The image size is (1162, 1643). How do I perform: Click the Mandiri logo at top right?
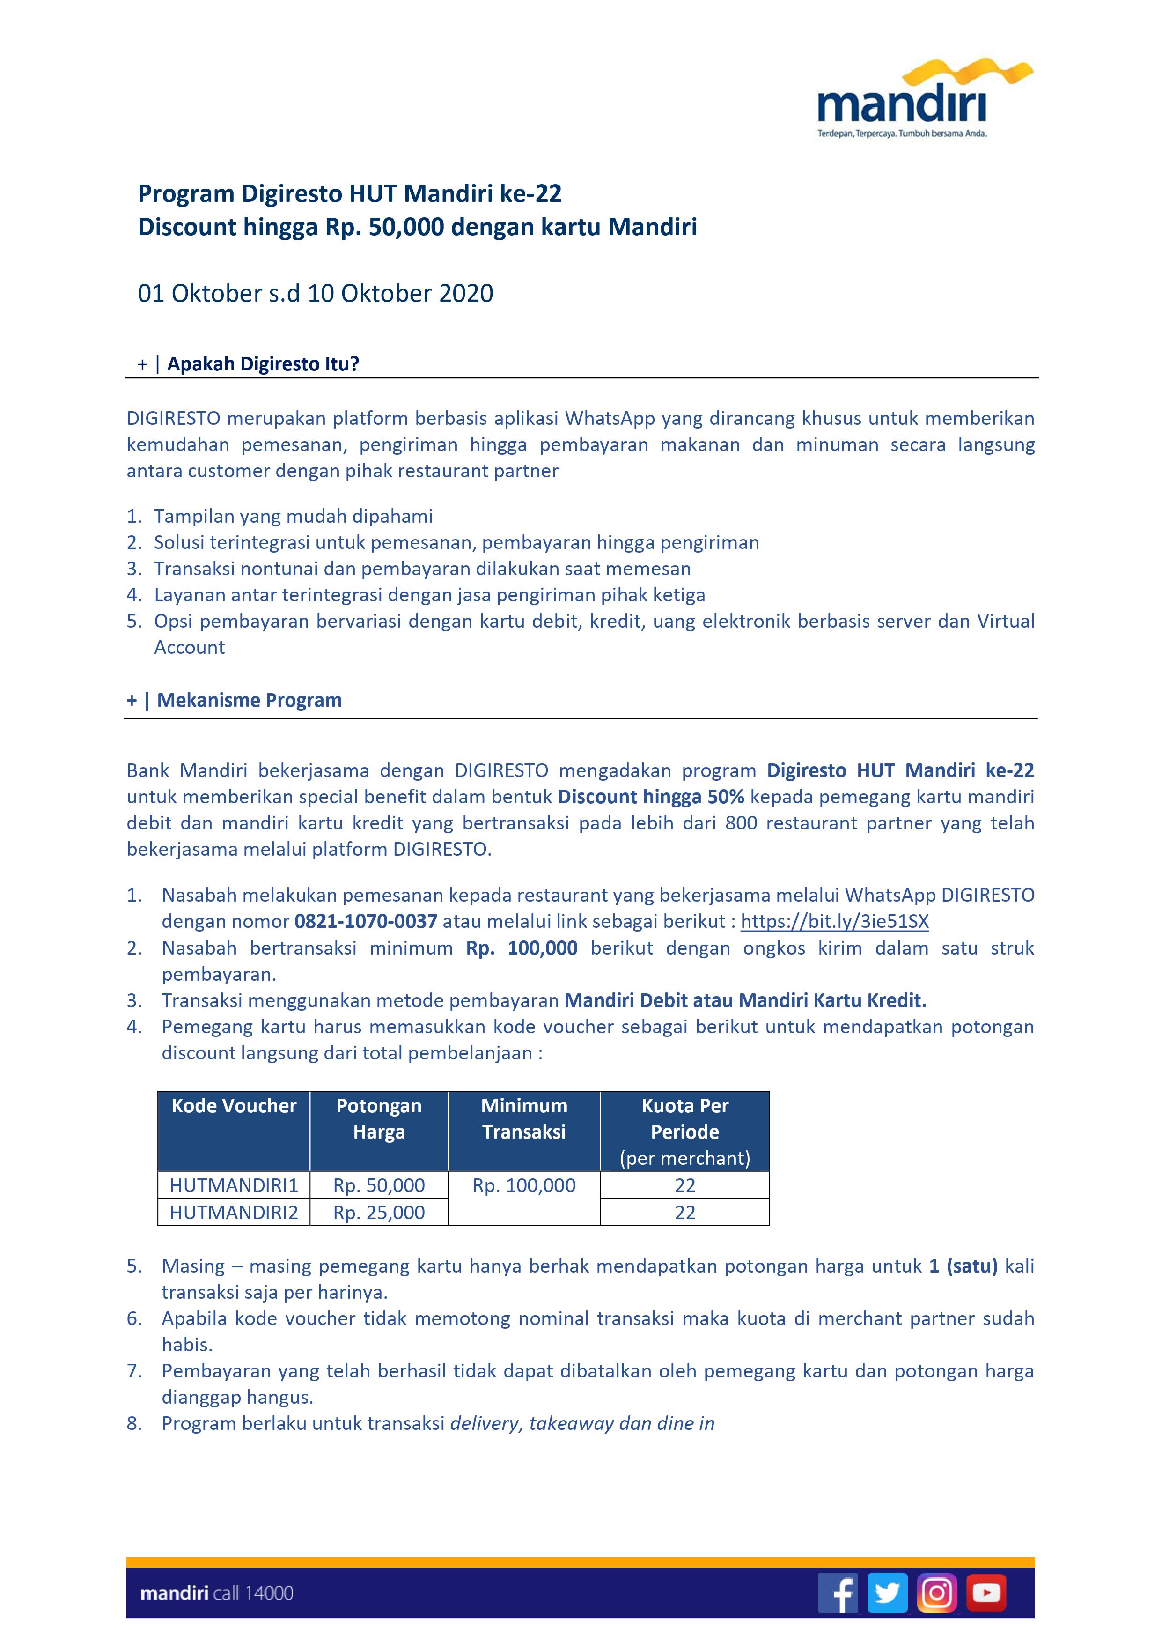[923, 100]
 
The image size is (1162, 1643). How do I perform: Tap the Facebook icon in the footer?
[838, 1592]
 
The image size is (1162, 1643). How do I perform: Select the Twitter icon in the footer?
[887, 1592]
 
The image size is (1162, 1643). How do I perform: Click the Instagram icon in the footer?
[937, 1592]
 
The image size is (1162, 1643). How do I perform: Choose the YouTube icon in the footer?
[986, 1592]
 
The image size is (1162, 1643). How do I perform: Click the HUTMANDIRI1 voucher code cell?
[234, 1185]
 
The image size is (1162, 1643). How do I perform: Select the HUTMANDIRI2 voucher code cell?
[234, 1212]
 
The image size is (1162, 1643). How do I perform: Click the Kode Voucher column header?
[234, 1106]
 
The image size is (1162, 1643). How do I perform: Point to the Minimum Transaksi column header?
[524, 1118]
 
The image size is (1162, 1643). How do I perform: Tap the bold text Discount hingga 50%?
[650, 797]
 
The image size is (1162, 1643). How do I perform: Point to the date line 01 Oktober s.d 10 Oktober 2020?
[316, 293]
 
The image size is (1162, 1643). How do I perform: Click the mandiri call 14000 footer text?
[217, 1593]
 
